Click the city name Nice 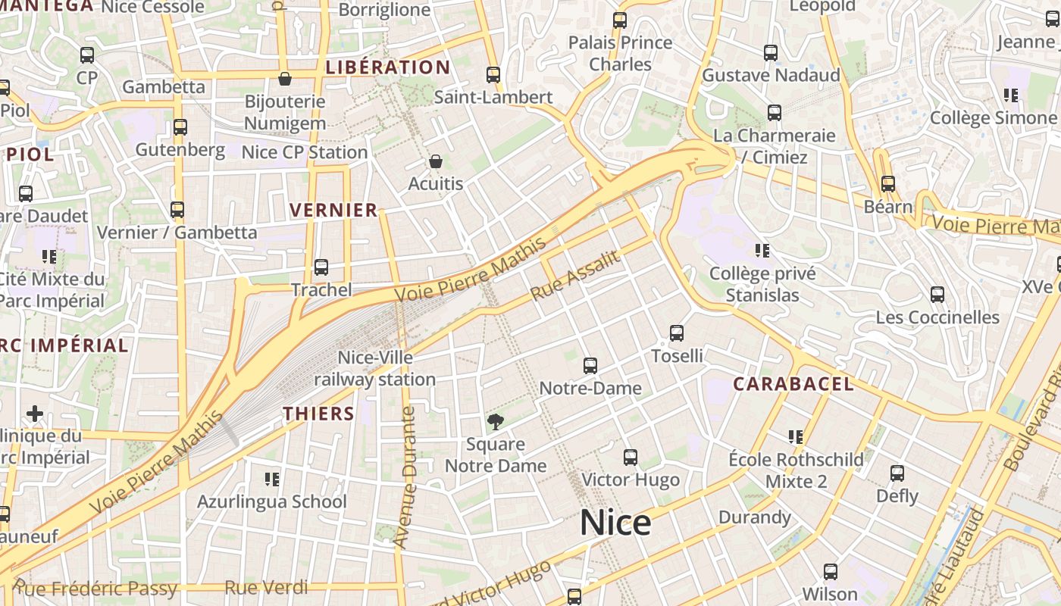click(615, 523)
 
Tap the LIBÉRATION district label click(387, 67)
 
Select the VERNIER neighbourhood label click(333, 211)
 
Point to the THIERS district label click(318, 414)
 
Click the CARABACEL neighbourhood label click(793, 384)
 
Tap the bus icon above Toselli click(677, 333)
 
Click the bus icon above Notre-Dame click(590, 366)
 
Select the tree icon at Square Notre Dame click(496, 421)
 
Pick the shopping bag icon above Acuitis click(435, 161)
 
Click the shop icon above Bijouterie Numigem click(285, 79)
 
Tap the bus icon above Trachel click(321, 267)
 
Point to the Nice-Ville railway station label click(375, 368)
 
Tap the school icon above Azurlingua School click(272, 479)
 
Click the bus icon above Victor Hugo click(631, 458)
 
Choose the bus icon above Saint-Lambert click(493, 75)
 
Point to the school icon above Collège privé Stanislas click(762, 251)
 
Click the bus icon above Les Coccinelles click(937, 295)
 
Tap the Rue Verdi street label click(266, 587)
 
